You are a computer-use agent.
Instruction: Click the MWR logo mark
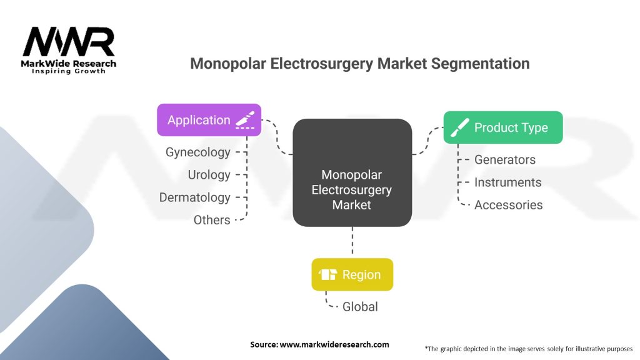tap(69, 42)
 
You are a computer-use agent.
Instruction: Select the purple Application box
tap(209, 120)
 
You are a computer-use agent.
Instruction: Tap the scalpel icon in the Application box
tap(245, 120)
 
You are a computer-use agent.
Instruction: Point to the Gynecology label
tap(198, 152)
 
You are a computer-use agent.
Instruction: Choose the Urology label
tap(209, 175)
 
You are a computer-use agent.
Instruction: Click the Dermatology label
tap(195, 197)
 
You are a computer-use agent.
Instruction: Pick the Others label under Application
tap(212, 220)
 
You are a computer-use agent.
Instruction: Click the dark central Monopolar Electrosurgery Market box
tap(352, 172)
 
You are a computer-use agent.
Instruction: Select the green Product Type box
tap(503, 127)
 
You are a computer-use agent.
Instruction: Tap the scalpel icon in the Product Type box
tap(459, 127)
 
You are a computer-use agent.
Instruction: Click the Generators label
tap(505, 159)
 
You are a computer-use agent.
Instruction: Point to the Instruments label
tap(507, 182)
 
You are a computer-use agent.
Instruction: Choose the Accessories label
tap(509, 205)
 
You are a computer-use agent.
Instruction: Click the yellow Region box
tap(352, 274)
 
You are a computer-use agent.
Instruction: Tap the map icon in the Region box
tap(327, 274)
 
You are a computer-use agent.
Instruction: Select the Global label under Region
tap(360, 306)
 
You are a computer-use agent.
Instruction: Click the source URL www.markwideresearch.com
tap(334, 344)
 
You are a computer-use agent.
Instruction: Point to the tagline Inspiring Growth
tap(69, 71)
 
